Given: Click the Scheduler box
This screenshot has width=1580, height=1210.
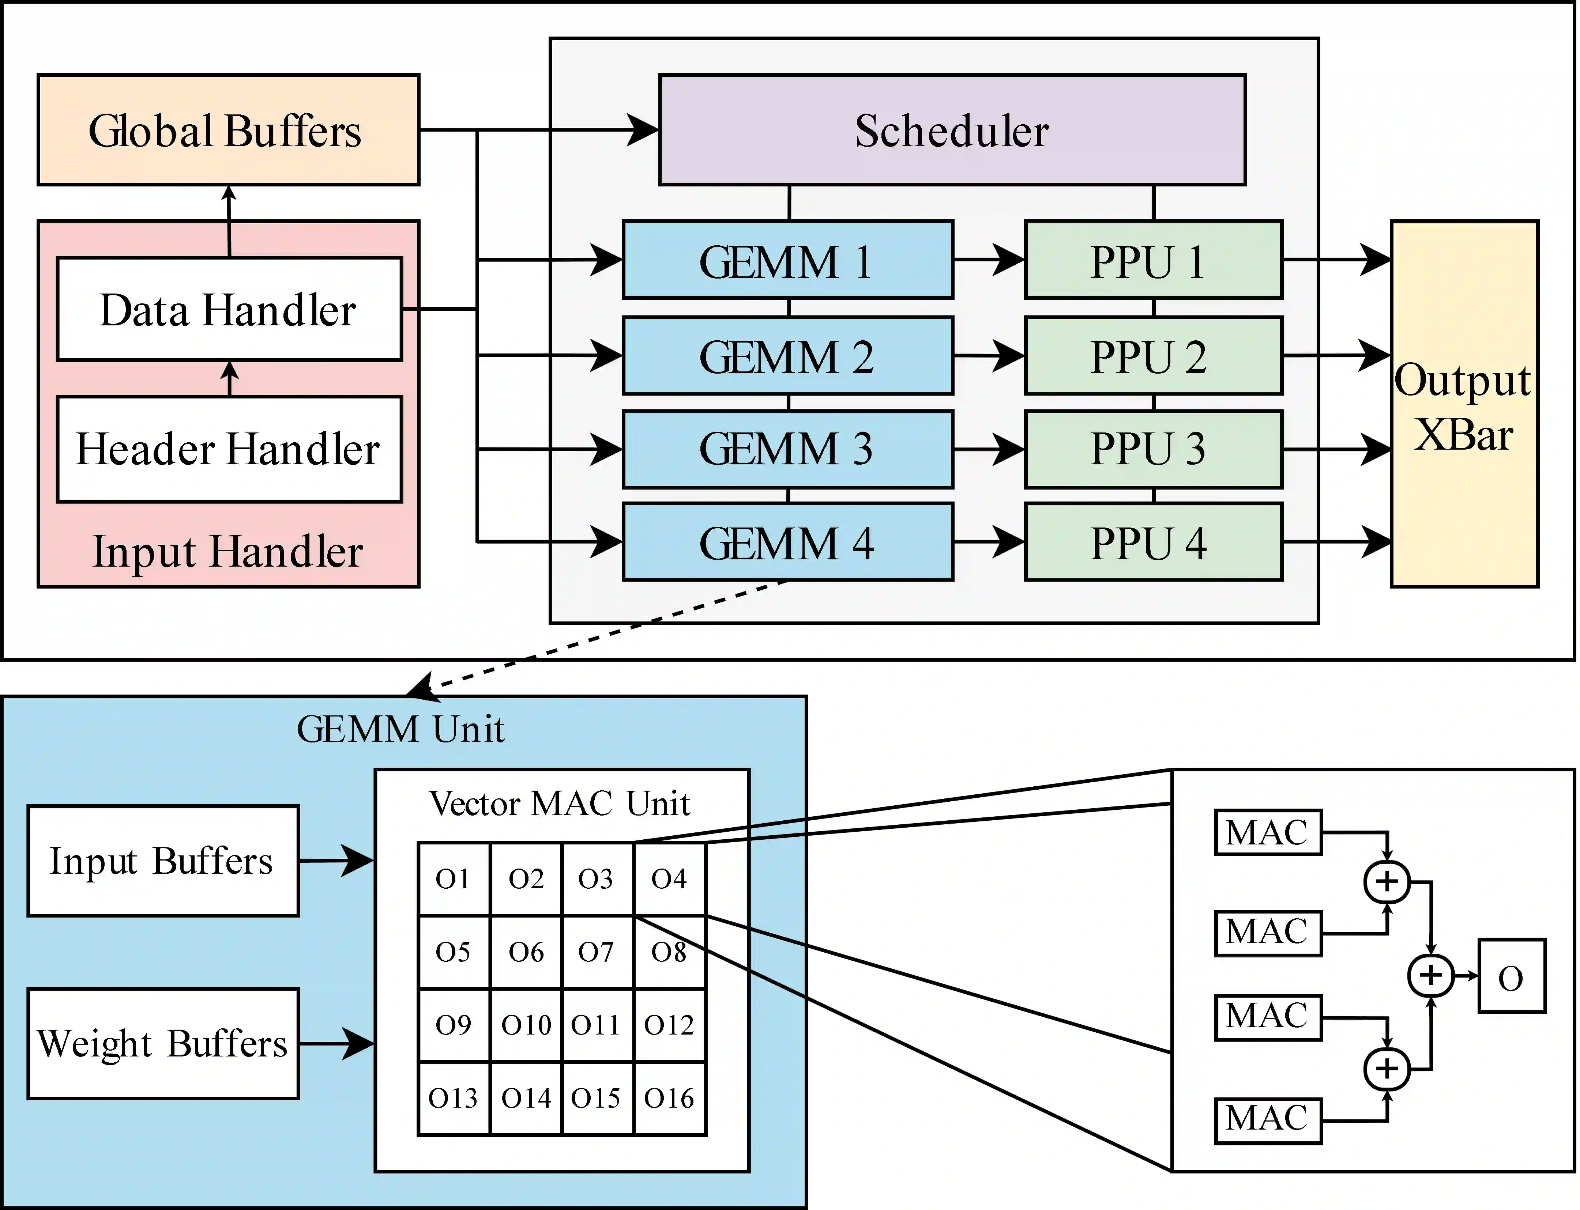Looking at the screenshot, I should (952, 131).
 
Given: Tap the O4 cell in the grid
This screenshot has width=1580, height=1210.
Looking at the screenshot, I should (669, 879).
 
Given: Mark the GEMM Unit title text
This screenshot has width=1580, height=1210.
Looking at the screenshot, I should (400, 729).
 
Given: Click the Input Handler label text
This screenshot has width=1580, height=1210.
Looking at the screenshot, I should (227, 552).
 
